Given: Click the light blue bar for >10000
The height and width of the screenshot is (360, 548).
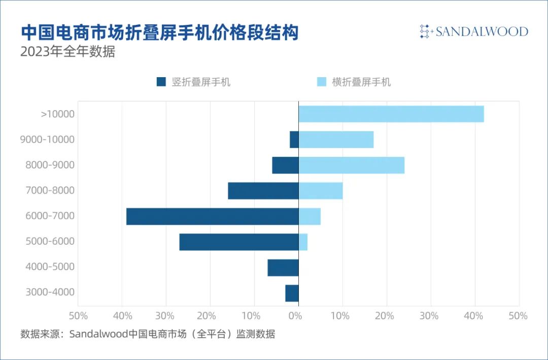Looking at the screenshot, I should (391, 114).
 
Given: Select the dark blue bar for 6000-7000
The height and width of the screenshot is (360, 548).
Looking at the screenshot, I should (212, 216).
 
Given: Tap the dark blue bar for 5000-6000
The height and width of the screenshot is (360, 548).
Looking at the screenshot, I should (238, 242).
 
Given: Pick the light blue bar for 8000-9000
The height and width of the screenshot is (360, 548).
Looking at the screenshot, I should (351, 165).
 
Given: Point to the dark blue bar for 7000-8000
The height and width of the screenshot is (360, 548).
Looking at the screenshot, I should (263, 191).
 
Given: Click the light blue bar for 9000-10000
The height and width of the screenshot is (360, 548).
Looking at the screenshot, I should (336, 140).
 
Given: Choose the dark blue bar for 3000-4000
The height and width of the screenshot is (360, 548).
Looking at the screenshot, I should (292, 293).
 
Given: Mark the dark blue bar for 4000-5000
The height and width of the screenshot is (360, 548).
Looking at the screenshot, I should (283, 268).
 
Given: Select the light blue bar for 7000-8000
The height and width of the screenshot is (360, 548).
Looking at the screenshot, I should (320, 191).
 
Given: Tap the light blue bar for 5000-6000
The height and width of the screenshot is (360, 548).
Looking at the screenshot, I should (303, 242).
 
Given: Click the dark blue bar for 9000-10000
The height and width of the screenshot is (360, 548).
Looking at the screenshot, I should (294, 140).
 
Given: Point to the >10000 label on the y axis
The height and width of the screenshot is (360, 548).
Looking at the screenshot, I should (57, 114).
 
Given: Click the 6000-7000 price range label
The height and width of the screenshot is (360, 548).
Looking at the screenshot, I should (50, 216).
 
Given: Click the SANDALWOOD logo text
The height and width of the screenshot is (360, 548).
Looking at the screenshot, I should (482, 31).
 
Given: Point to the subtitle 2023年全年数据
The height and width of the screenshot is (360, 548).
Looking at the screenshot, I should (67, 52).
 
